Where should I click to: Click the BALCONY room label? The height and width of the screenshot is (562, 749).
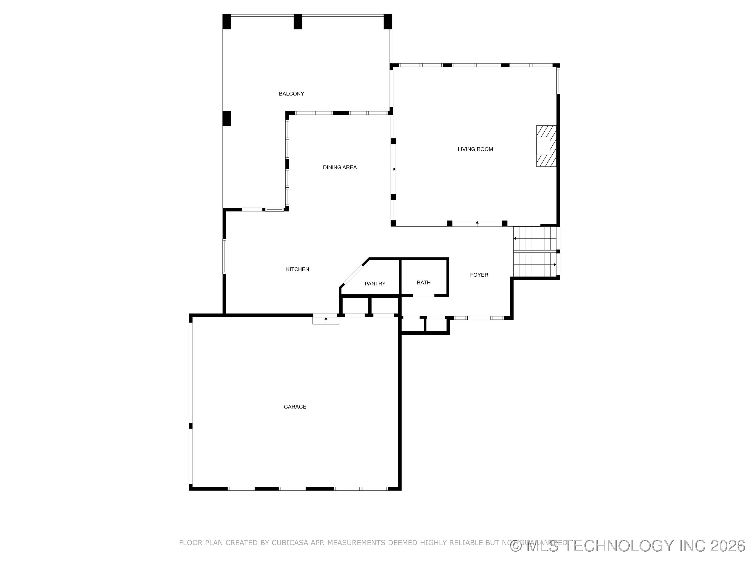click(x=291, y=94)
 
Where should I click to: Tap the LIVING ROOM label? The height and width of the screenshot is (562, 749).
click(x=475, y=149)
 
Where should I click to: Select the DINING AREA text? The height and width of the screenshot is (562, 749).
click(x=340, y=167)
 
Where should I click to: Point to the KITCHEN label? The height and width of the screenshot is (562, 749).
click(x=297, y=269)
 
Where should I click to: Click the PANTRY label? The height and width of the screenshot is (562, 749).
click(x=375, y=284)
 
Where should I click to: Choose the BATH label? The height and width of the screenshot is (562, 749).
click(x=424, y=283)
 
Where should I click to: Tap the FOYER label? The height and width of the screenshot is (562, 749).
click(x=479, y=275)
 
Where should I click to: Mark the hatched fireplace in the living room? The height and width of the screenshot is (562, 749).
click(x=546, y=146)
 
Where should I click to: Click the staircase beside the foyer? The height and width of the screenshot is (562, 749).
click(x=535, y=251)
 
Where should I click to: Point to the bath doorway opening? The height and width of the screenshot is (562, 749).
click(x=423, y=296)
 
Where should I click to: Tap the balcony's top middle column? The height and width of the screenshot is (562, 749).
click(x=298, y=22)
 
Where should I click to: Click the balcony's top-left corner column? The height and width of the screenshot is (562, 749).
click(x=227, y=22)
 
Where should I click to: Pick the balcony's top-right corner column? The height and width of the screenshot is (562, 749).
click(x=388, y=22)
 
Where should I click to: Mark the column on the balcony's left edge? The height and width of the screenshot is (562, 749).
click(x=227, y=119)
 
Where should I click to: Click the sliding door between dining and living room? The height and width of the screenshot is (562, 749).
click(x=393, y=169)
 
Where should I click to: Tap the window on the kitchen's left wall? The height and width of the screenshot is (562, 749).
click(x=224, y=256)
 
